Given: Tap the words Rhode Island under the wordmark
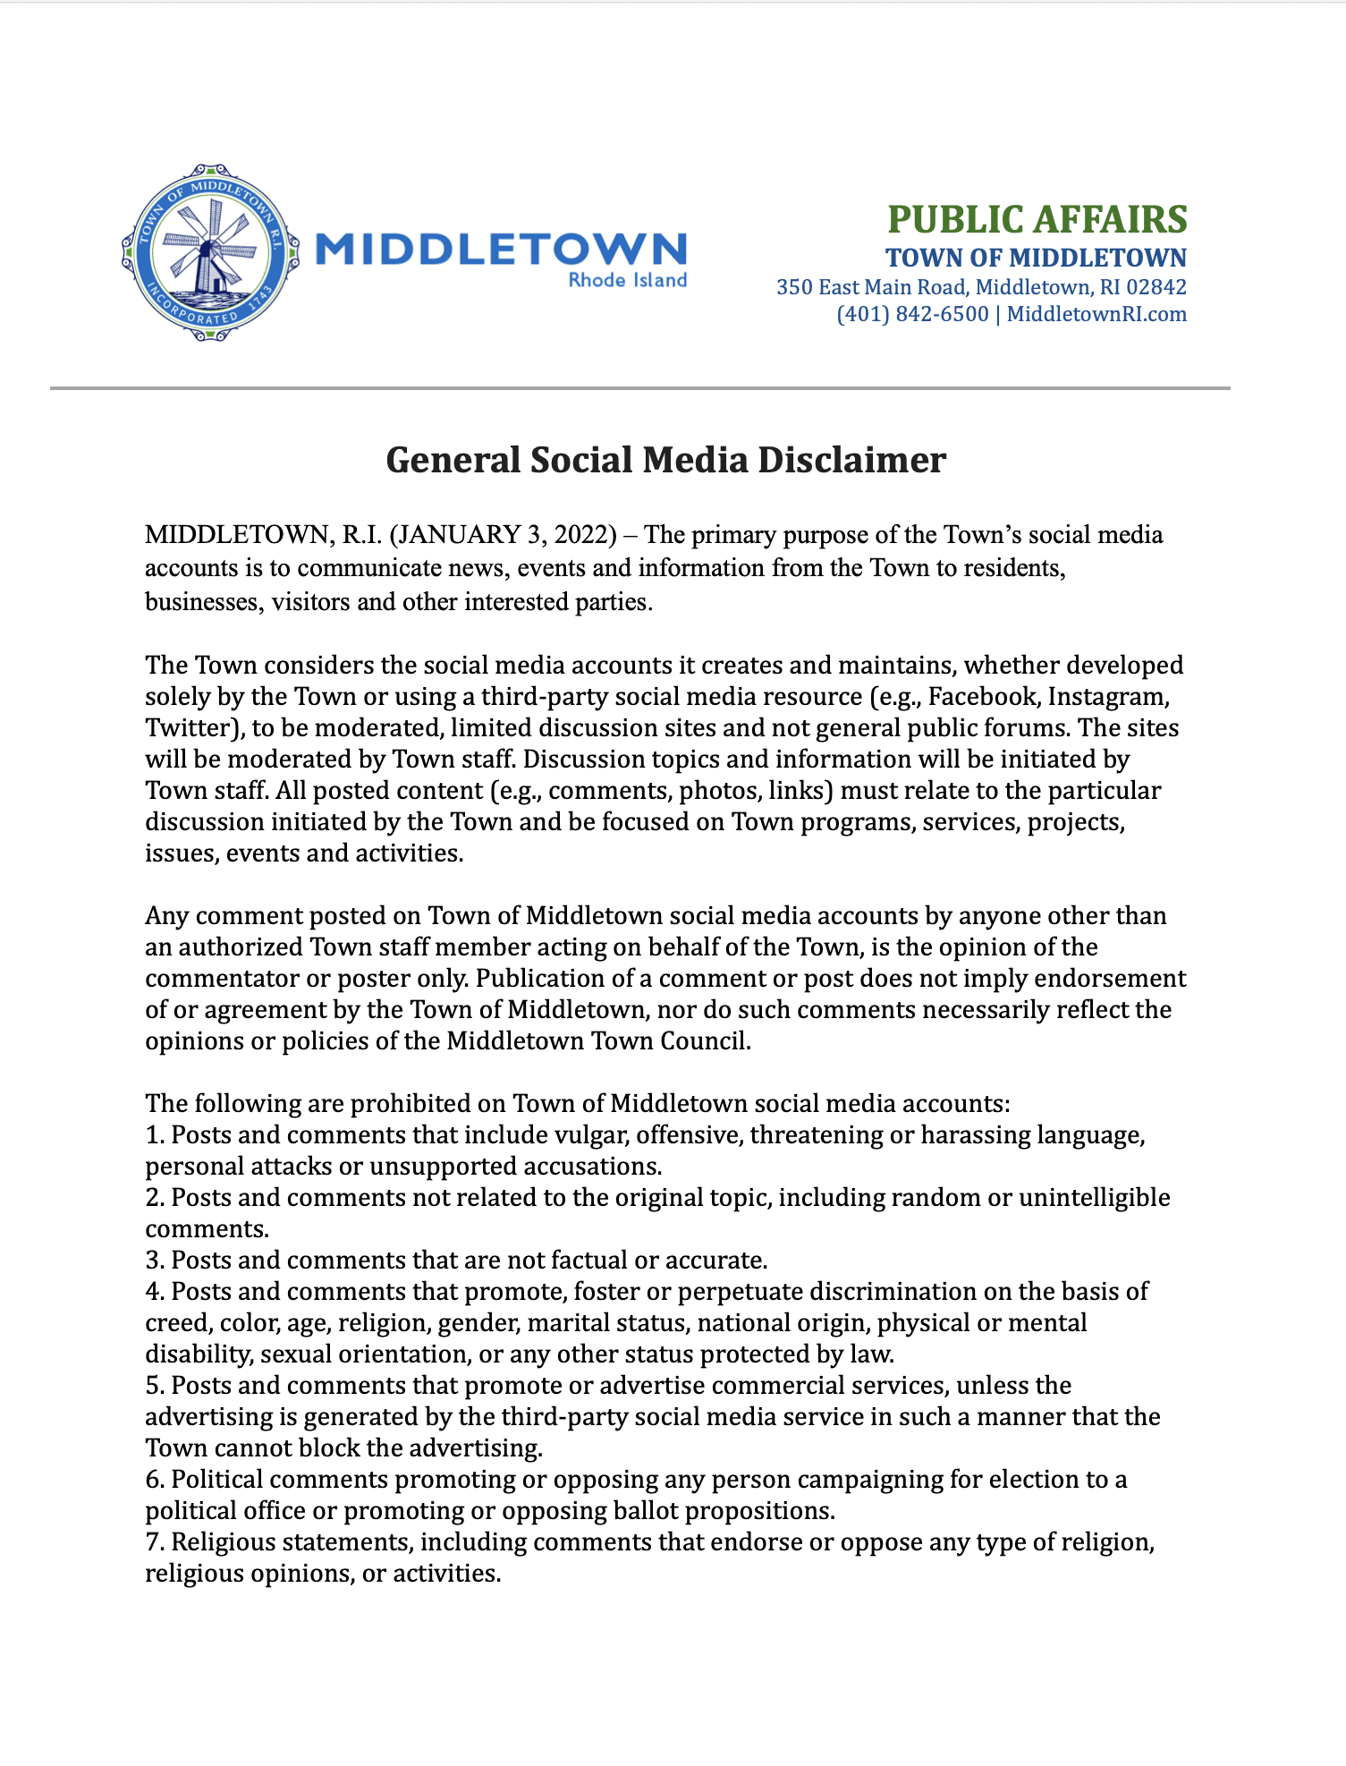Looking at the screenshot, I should [628, 280].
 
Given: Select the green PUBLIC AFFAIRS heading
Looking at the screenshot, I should [1037, 219].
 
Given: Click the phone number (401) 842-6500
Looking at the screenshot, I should [912, 314].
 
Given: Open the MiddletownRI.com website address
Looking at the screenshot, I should [1096, 314].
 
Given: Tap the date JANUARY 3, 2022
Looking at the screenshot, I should [504, 535].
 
